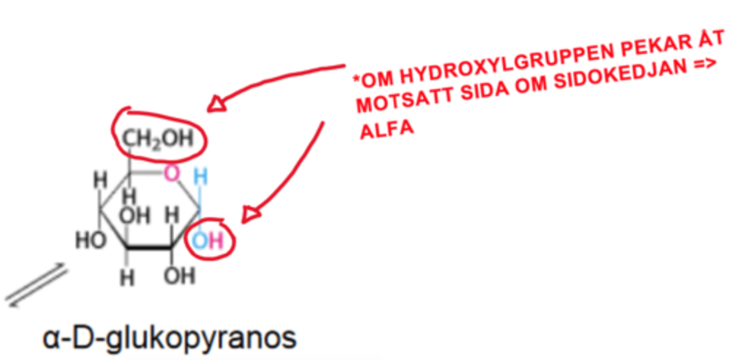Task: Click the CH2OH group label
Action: coord(158,139)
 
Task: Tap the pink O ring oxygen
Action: coord(172,173)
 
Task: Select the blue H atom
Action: coord(200,176)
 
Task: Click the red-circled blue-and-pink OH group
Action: coord(208,241)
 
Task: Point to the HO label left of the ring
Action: coord(91,240)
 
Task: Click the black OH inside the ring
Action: coord(135,216)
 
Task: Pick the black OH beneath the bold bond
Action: coord(180,276)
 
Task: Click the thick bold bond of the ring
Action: coord(149,248)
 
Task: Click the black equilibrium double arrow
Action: coord(36,285)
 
